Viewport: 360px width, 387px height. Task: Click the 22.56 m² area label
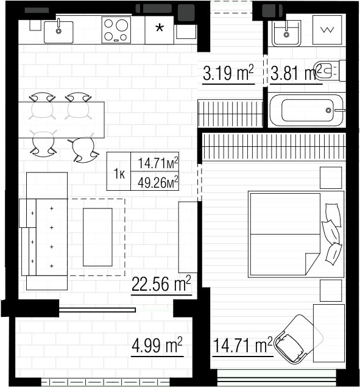click(161, 284)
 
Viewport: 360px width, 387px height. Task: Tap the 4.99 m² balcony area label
click(157, 346)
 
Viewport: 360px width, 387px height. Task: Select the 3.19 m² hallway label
click(228, 73)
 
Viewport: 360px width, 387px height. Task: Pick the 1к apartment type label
click(119, 174)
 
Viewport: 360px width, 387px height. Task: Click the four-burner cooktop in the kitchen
click(116, 30)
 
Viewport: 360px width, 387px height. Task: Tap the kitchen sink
click(58, 32)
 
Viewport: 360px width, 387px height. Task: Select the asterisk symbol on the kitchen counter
click(160, 28)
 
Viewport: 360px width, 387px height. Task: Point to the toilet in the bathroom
click(330, 71)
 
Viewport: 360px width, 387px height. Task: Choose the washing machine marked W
click(327, 30)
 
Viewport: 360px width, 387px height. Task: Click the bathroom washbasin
click(286, 34)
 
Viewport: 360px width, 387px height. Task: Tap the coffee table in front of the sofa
click(97, 237)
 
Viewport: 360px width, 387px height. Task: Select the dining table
click(62, 120)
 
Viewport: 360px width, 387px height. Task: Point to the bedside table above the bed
click(331, 178)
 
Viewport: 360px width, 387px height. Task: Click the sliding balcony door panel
click(97, 310)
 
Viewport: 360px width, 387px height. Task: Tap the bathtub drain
click(328, 110)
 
